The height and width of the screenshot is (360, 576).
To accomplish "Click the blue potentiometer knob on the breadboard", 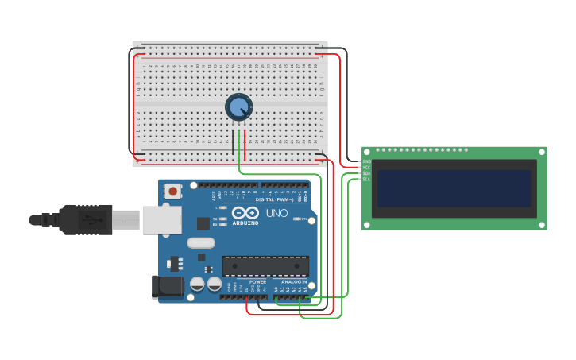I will click(238, 106).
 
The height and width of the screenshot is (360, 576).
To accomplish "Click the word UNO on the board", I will click(276, 213).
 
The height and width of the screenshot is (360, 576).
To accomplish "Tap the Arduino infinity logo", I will click(245, 212).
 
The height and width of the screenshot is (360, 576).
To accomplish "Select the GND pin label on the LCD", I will click(366, 161).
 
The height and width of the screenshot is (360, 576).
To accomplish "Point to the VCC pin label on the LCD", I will click(366, 167).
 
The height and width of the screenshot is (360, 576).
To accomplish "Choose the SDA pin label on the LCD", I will click(366, 173).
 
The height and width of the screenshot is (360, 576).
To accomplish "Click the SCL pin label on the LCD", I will click(366, 179).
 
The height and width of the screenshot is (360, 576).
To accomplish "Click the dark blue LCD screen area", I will click(454, 189).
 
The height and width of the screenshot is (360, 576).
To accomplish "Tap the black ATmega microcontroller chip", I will click(265, 265).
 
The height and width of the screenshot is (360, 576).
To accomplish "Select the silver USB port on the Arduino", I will click(162, 220).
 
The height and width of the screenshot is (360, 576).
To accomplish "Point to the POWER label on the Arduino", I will click(257, 281).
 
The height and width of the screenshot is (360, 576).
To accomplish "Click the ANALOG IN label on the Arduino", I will click(294, 281).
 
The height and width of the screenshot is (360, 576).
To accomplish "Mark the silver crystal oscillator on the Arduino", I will click(201, 242).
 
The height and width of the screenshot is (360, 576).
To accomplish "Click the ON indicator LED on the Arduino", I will click(299, 219).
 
